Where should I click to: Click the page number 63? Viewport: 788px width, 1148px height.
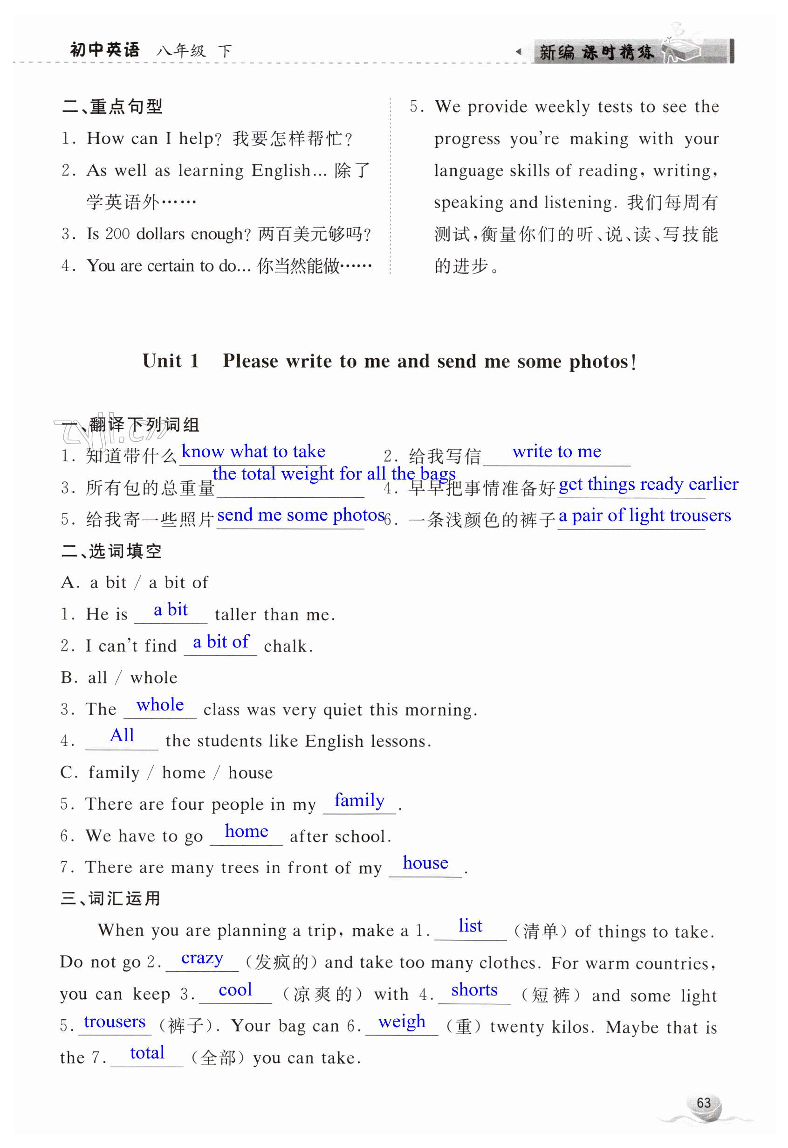704,1103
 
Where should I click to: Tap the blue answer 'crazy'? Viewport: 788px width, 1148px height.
202,958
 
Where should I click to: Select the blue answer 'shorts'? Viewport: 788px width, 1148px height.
474,990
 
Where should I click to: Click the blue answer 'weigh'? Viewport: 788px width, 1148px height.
401,1021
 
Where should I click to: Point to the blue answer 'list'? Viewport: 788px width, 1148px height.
470,926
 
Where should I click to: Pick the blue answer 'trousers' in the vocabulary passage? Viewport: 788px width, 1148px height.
115,1021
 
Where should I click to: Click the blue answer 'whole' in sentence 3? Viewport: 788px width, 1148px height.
160,705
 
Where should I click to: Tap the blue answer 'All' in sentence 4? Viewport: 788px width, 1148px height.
122,735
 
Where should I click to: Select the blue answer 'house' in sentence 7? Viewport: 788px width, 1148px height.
425,863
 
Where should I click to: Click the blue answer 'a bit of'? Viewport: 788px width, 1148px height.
221,642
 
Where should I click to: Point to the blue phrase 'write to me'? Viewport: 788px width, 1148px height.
556,452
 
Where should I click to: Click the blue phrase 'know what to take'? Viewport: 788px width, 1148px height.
254,452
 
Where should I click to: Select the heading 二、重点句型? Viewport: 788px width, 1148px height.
113,106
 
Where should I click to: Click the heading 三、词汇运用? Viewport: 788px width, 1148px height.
110,898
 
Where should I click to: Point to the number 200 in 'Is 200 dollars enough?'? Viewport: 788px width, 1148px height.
117,234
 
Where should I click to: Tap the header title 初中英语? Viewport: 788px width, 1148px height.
105,50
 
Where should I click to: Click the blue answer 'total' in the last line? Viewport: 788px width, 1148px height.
147,1053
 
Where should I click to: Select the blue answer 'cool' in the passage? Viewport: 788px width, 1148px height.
235,990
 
